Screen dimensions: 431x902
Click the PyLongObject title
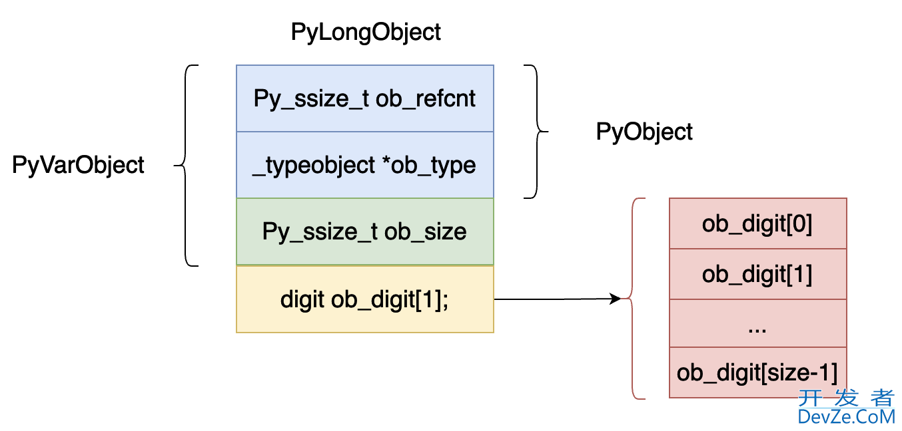pyautogui.click(x=366, y=32)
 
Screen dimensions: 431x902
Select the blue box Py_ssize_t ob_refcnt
pyautogui.click(x=364, y=98)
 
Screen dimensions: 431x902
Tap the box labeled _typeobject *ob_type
pyautogui.click(x=364, y=165)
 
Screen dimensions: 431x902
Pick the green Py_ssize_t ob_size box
pyautogui.click(x=364, y=231)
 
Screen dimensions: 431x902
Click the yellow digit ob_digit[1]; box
pyautogui.click(x=364, y=299)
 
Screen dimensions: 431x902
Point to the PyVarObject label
pyautogui.click(x=78, y=165)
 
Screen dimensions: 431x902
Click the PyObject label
pyautogui.click(x=644, y=132)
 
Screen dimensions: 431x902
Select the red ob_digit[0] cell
pyautogui.click(x=757, y=224)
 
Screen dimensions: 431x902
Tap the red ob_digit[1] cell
pyautogui.click(x=757, y=274)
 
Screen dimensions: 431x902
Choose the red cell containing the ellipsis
pyautogui.click(x=757, y=324)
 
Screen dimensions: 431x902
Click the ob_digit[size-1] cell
pyautogui.click(x=757, y=372)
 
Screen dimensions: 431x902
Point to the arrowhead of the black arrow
pyautogui.click(x=616, y=299)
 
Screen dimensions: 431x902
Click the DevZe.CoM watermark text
pyautogui.click(x=846, y=417)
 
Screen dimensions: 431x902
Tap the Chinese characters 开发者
pyautogui.click(x=846, y=398)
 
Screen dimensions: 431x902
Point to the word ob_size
pyautogui.click(x=426, y=231)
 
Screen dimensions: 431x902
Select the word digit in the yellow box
pyautogui.click(x=302, y=299)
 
